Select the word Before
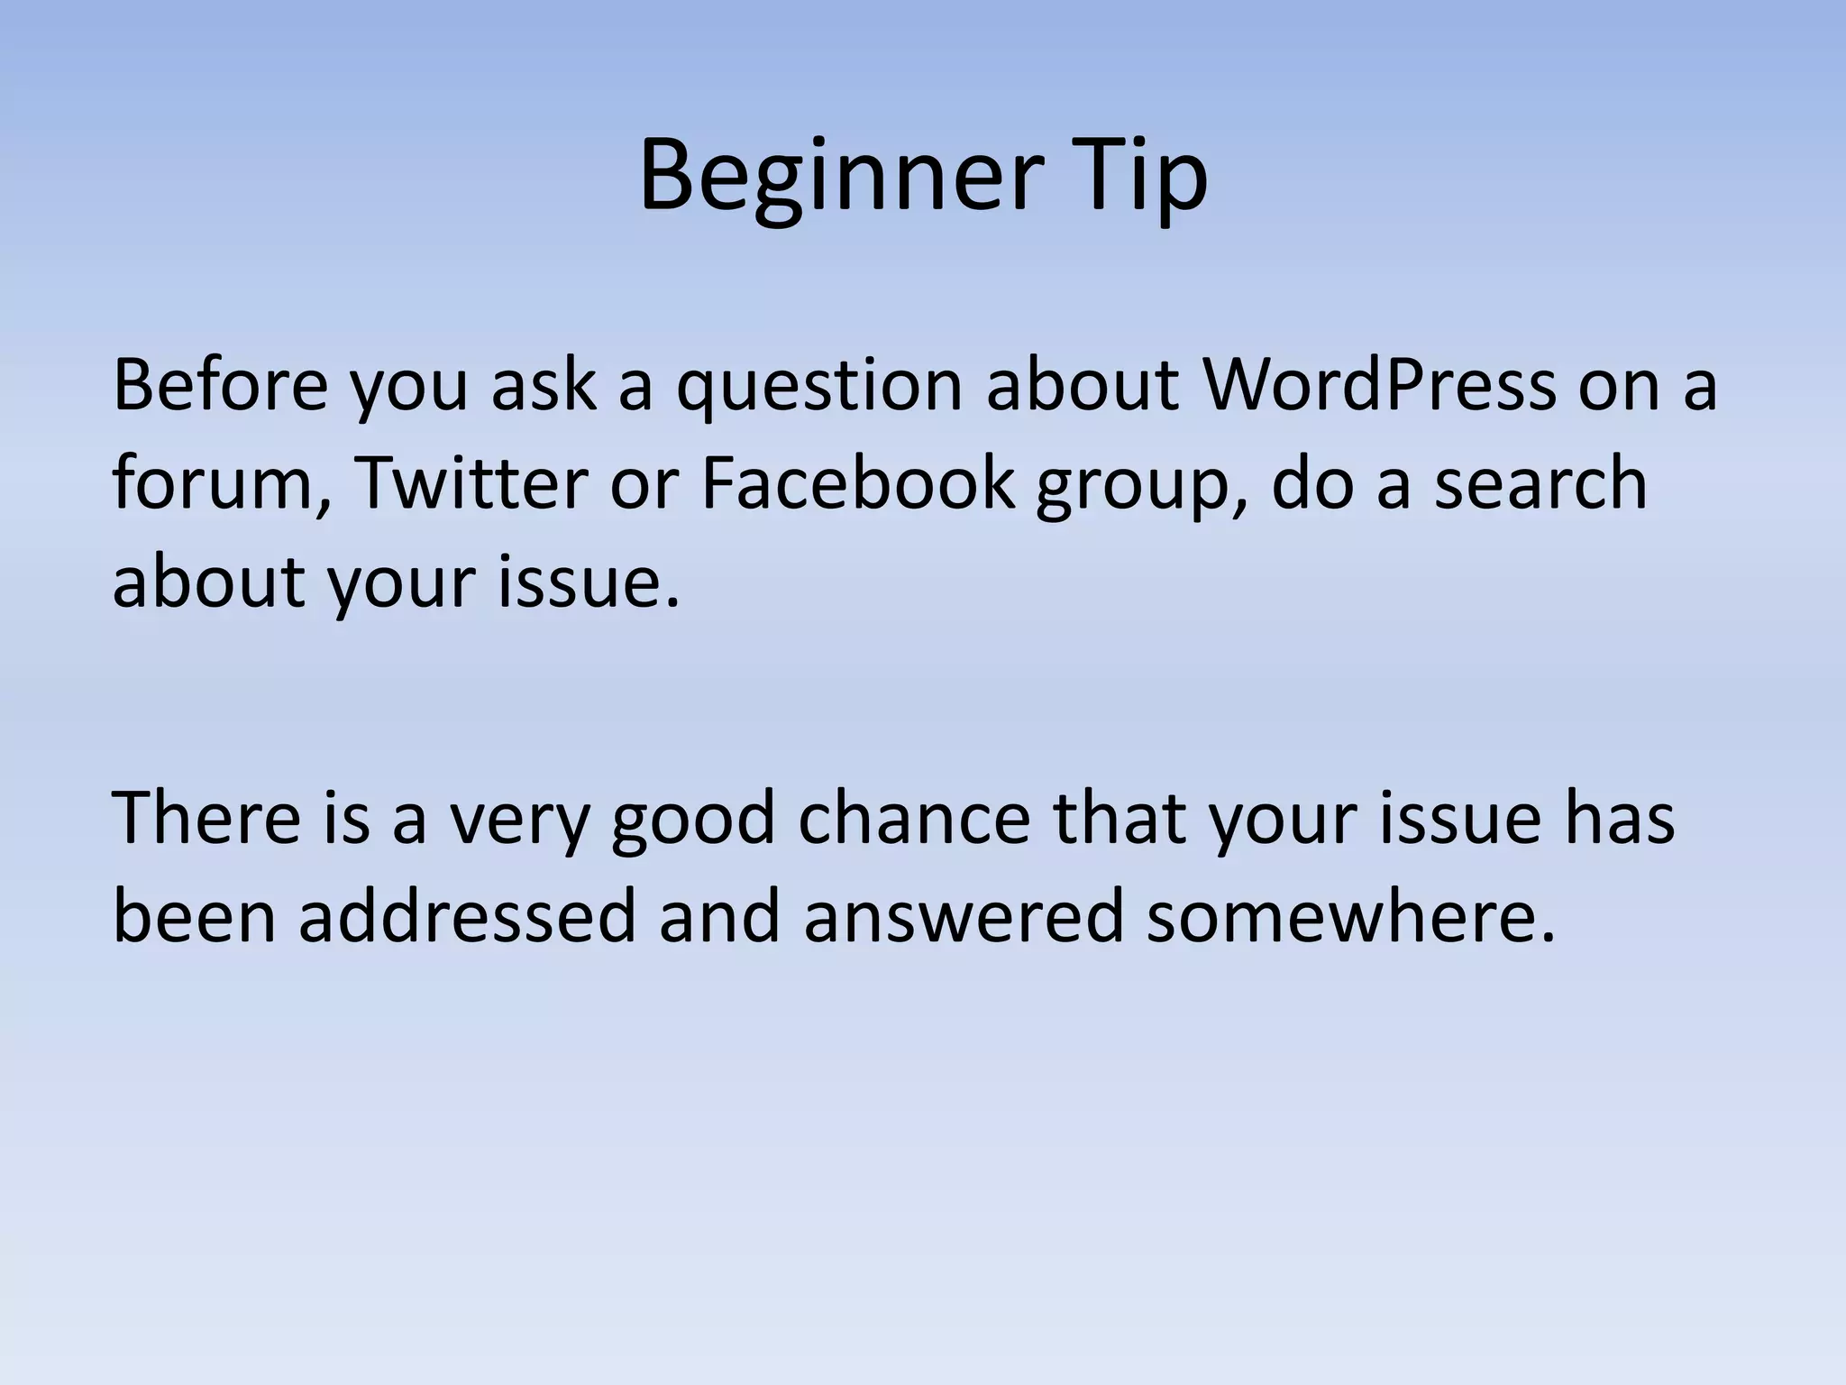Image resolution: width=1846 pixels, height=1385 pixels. tap(220, 385)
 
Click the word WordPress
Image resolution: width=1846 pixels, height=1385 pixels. tap(1379, 385)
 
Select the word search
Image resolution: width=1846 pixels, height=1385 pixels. tap(1540, 482)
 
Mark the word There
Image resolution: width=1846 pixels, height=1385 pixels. tap(206, 818)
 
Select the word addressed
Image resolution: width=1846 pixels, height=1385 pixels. tap(468, 916)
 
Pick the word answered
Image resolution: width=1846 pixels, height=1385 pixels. tap(963, 916)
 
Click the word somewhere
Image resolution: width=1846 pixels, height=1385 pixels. tap(1350, 916)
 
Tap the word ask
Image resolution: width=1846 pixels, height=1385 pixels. tap(544, 385)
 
